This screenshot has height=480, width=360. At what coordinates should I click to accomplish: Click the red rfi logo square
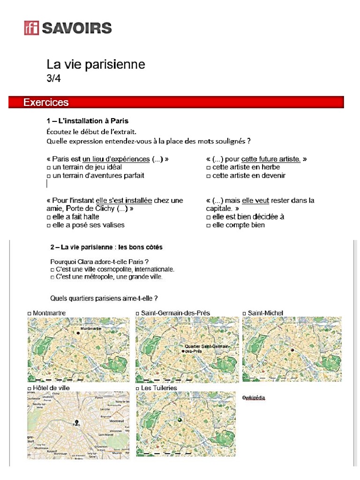pos(32,28)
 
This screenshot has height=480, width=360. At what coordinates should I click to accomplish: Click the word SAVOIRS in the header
pos(77,28)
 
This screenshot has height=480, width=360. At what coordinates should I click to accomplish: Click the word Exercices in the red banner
pos(46,102)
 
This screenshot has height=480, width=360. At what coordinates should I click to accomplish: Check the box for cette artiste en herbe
pos(208,167)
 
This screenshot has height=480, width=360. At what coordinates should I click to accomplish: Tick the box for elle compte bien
pos(208,225)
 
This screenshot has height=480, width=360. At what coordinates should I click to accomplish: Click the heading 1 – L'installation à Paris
pos(87,121)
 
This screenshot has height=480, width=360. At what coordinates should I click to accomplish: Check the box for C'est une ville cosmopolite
pos(52,270)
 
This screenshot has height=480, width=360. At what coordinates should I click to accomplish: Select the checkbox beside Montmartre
pos(30,313)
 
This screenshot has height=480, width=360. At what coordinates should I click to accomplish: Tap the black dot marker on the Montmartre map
pos(77,331)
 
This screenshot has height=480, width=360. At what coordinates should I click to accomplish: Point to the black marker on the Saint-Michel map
pos(291,350)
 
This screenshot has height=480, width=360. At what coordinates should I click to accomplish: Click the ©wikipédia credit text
pos(254,397)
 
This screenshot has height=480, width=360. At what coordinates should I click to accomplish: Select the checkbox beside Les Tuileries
pos(138,389)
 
